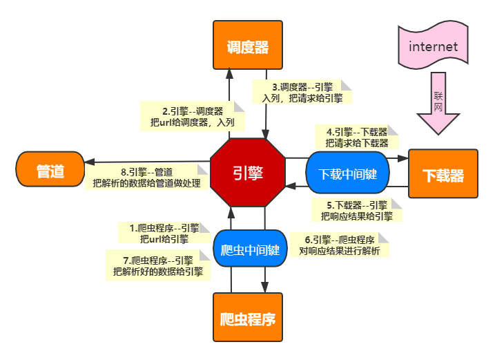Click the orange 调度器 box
[x=247, y=46]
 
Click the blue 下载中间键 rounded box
[x=347, y=173]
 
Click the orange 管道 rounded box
[x=50, y=171]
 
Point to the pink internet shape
[x=433, y=47]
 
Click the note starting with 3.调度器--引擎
[x=302, y=93]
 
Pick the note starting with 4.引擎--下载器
[x=356, y=137]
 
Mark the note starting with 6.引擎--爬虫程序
[x=338, y=245]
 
